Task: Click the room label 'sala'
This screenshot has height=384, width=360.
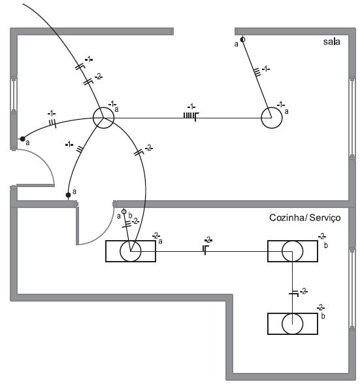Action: tap(331, 42)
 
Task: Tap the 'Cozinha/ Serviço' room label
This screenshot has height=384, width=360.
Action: tap(304, 217)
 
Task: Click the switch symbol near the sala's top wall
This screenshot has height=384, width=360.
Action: tap(242, 39)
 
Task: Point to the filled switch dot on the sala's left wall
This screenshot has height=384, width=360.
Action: tap(22, 139)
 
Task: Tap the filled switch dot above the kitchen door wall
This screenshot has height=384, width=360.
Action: tap(68, 195)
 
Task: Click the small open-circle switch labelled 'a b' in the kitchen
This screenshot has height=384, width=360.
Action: tap(124, 211)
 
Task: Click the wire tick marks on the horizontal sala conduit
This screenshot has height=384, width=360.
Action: tap(191, 116)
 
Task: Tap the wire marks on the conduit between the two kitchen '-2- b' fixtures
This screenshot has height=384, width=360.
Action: tap(294, 293)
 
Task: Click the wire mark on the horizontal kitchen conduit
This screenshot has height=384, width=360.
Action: tap(205, 249)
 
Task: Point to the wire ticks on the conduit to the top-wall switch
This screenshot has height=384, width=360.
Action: tap(257, 73)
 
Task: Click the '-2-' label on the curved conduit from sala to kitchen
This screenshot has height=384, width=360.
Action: tap(149, 148)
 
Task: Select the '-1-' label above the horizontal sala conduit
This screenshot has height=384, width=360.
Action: tap(191, 107)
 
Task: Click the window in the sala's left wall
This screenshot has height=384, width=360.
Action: tap(14, 94)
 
